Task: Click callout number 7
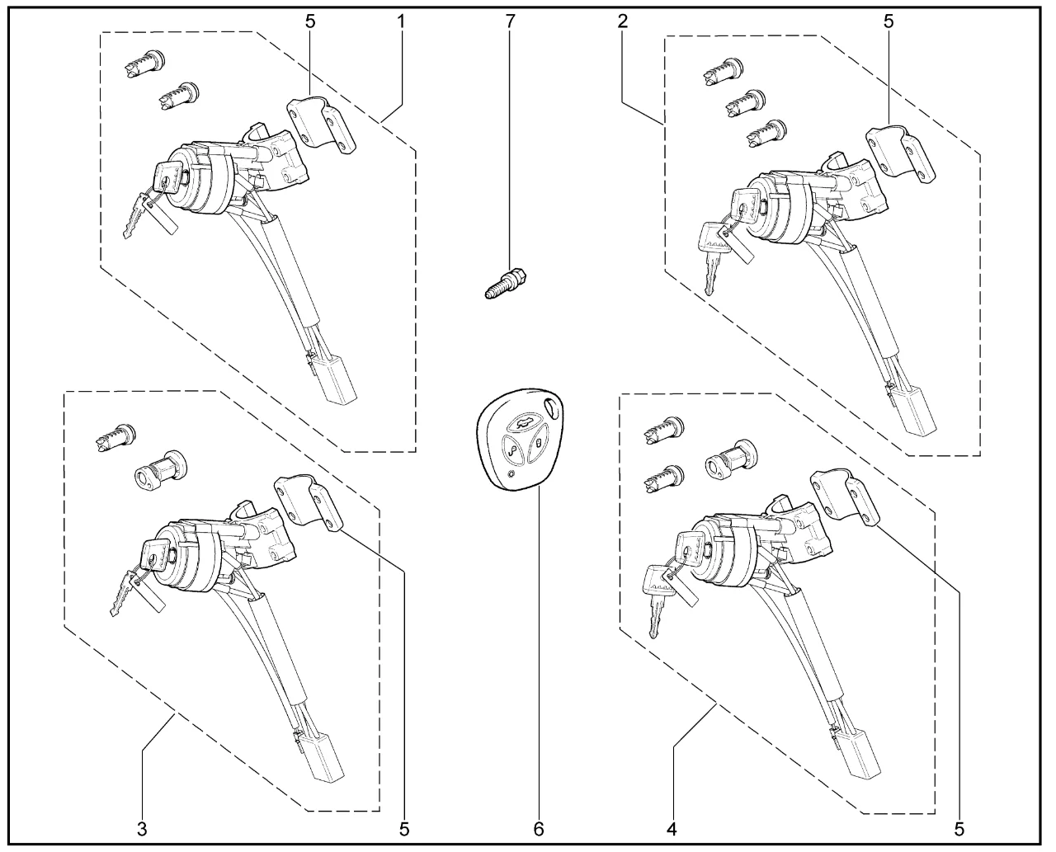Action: click(510, 21)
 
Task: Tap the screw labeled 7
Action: click(505, 284)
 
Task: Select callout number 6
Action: click(539, 829)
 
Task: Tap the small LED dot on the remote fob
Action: click(511, 475)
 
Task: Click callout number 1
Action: click(401, 21)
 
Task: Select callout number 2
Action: click(623, 21)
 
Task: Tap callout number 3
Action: click(142, 829)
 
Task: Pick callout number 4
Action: click(672, 829)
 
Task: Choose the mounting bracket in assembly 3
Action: click(309, 502)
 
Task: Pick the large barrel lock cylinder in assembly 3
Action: click(162, 471)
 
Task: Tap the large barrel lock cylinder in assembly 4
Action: click(731, 459)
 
